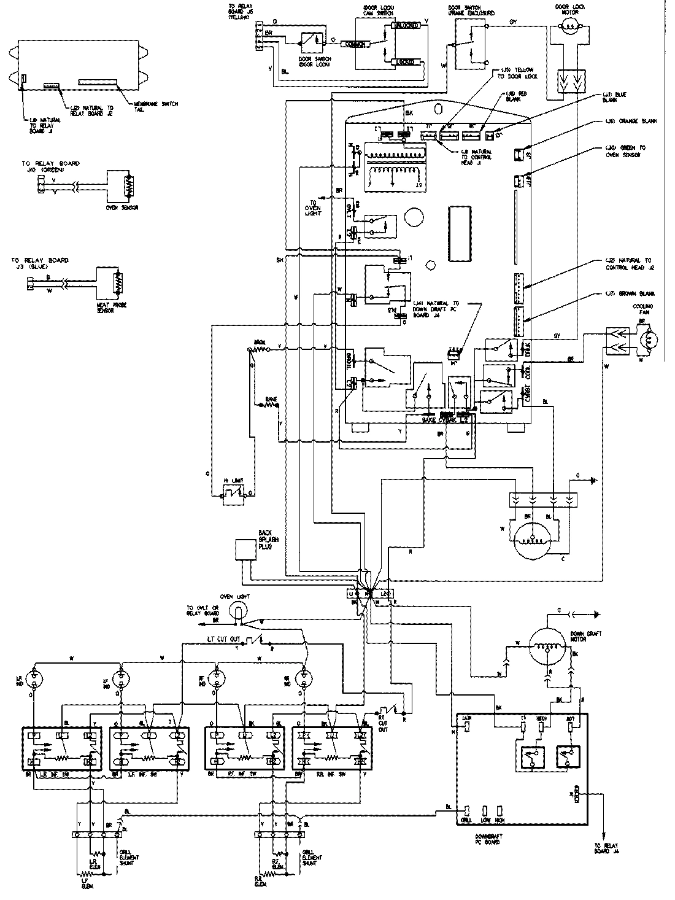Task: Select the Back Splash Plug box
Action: pyautogui.click(x=244, y=549)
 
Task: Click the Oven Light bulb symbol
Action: pyautogui.click(x=237, y=610)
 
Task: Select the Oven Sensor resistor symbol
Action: pyautogui.click(x=128, y=186)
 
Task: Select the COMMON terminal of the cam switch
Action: pyautogui.click(x=356, y=44)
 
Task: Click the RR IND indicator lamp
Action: pyautogui.click(x=302, y=678)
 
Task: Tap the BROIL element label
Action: pyautogui.click(x=258, y=341)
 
